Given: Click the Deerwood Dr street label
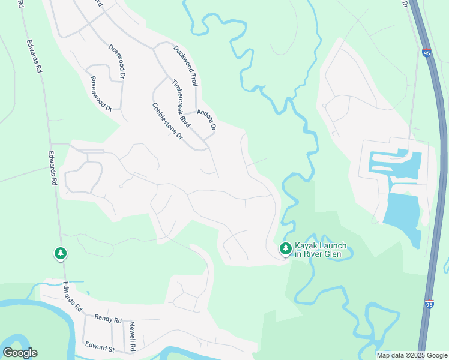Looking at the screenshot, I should tap(116, 61).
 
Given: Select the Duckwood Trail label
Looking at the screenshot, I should tap(185, 65).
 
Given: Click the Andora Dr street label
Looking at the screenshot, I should tap(206, 120).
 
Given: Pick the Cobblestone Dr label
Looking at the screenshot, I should tap(167, 121).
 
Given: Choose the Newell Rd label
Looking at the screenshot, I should tap(132, 337).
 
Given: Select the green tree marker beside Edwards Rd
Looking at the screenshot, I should tap(60, 254).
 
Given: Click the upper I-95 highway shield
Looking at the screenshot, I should tap(426, 53).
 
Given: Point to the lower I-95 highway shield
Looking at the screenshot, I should tap(429, 304).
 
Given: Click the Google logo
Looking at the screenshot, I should tap(20, 353).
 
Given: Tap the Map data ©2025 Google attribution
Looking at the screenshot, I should tap(412, 355).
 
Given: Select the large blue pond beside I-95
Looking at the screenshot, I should tap(402, 213).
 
